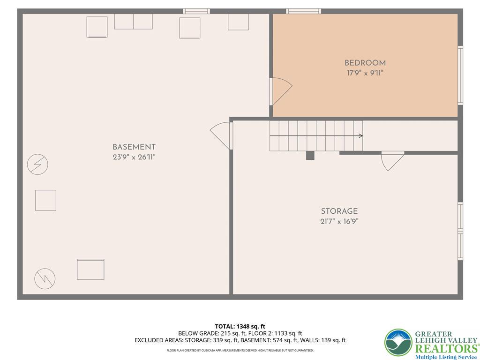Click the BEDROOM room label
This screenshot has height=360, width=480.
point(365,63)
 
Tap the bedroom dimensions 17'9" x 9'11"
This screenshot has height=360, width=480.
point(365,73)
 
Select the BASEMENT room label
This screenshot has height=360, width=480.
point(134,147)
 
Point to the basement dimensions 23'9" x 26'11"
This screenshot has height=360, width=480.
point(134,157)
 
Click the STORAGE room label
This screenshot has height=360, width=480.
point(339,211)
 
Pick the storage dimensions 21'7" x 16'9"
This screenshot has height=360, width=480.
point(339,222)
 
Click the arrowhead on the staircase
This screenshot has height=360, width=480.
point(360,136)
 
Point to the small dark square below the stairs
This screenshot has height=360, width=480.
point(310,156)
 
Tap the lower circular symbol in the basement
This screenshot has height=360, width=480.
point(45,279)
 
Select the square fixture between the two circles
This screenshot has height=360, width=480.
point(46,200)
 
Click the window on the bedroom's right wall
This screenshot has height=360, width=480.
point(460,75)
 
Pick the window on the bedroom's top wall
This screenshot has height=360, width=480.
point(304,11)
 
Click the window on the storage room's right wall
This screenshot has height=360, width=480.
point(460,231)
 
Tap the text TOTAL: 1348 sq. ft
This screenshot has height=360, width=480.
point(240,326)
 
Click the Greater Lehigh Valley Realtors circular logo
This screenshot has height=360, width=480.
point(398,343)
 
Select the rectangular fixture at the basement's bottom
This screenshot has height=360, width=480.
point(90,269)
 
